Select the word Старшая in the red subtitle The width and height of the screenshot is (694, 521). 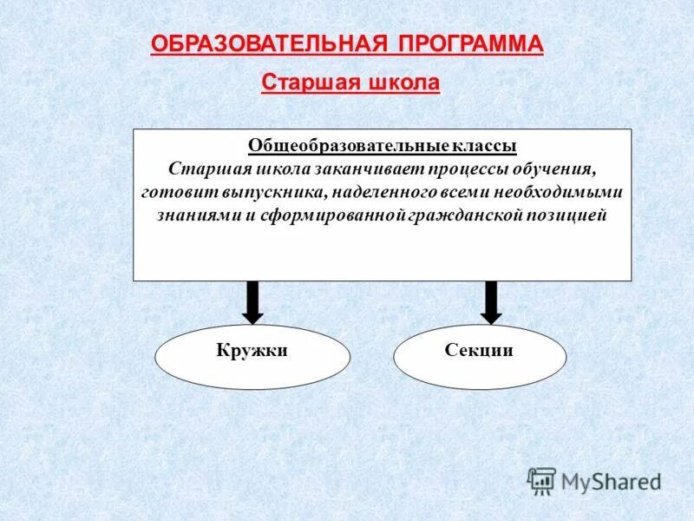pos(304,83)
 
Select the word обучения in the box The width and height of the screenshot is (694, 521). pos(554,168)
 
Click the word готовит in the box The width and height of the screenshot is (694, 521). pos(173,192)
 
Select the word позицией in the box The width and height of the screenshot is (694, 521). pos(566,215)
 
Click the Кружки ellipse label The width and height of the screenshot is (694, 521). pos(252,351)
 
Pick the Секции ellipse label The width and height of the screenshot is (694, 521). pos(479,351)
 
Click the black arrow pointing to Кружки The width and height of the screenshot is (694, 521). pos(252,302)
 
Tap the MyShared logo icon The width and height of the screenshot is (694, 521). pos(542,480)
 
